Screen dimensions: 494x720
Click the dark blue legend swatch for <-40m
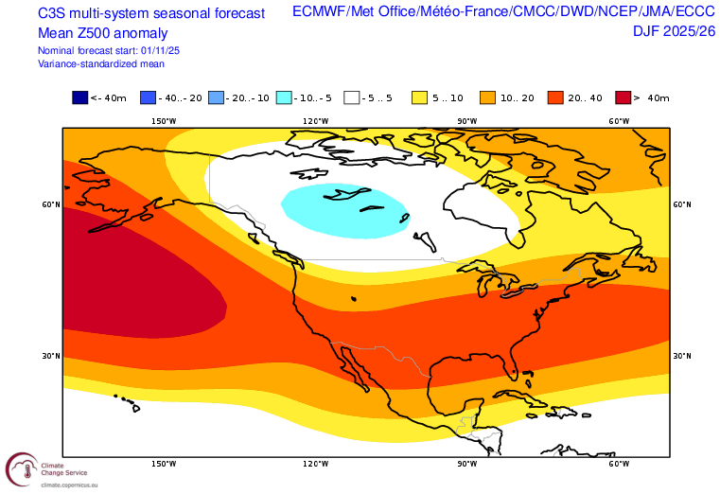[x=79, y=97]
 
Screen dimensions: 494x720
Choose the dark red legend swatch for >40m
[x=624, y=97]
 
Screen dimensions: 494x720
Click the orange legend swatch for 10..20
[x=488, y=97]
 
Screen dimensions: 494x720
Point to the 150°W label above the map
[x=163, y=121]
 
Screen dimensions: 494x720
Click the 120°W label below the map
[x=315, y=464]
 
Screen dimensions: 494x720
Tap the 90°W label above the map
[x=466, y=121]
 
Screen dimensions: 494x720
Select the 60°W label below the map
[x=619, y=464]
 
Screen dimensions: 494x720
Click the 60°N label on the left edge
[x=51, y=204]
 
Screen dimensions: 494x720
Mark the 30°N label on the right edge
[x=681, y=356]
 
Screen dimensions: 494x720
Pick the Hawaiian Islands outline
[x=129, y=402]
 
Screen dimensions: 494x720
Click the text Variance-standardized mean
[x=101, y=63]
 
